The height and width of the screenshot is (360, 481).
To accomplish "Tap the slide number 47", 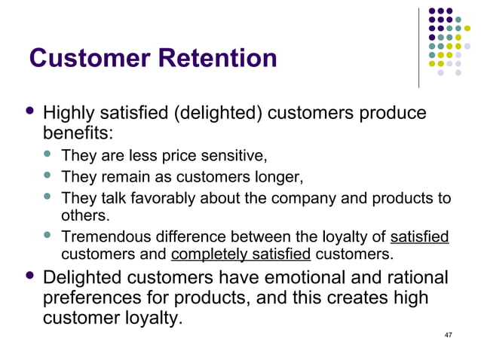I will click(449, 334).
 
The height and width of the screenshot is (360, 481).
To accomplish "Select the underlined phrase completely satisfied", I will click(241, 254).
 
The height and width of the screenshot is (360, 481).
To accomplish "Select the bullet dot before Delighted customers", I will click(30, 276).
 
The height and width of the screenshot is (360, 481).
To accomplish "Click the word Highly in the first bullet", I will click(68, 114).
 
